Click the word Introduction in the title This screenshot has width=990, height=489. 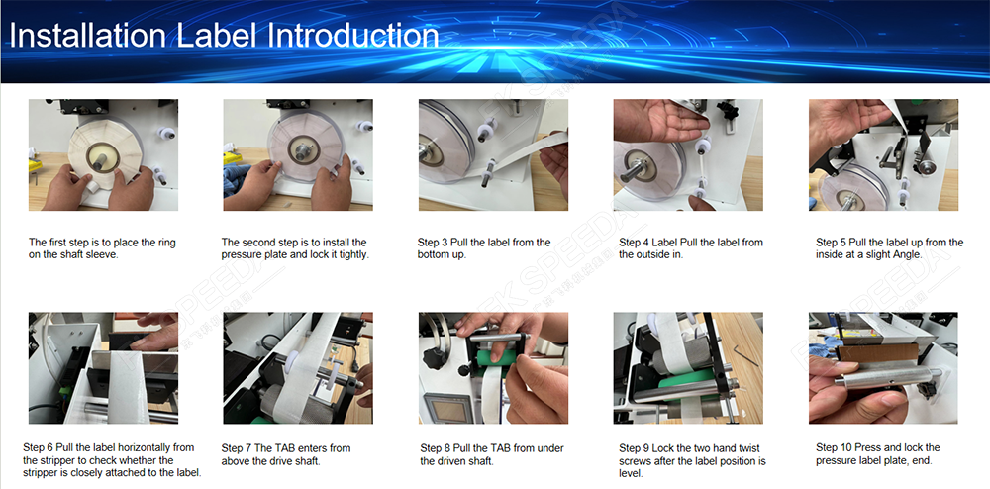(352, 35)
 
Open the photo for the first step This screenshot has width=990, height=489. (103, 154)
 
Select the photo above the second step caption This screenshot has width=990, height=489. (298, 154)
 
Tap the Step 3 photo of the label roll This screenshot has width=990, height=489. (493, 154)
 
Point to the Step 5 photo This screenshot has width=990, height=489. (883, 154)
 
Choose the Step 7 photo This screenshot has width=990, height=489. (298, 368)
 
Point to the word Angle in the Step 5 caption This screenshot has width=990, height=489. (907, 255)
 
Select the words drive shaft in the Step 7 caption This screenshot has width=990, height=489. (295, 460)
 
